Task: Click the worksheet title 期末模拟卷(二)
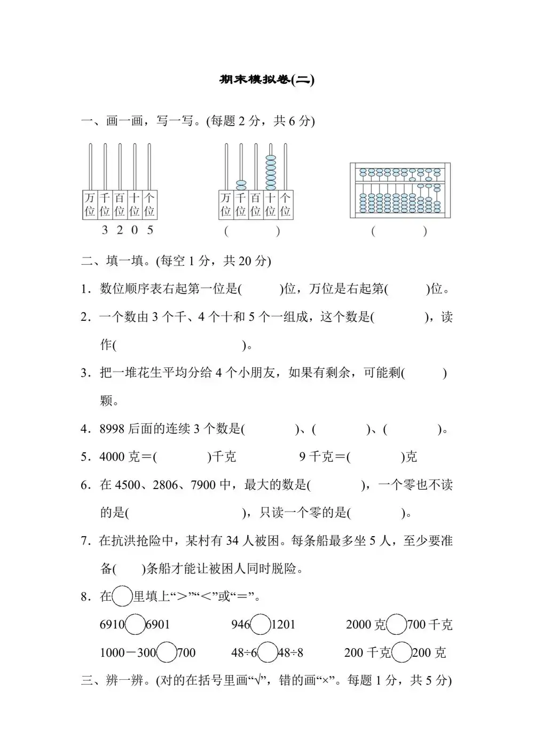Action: (267, 80)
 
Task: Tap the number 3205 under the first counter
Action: (127, 230)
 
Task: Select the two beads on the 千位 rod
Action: (241, 185)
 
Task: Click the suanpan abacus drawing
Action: (400, 190)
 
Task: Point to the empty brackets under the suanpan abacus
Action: (399, 231)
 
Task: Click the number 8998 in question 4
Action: (112, 429)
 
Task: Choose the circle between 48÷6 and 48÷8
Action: (268, 652)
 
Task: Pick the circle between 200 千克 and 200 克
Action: (402, 652)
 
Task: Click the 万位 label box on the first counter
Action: (90, 205)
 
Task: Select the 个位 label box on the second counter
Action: (286, 205)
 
